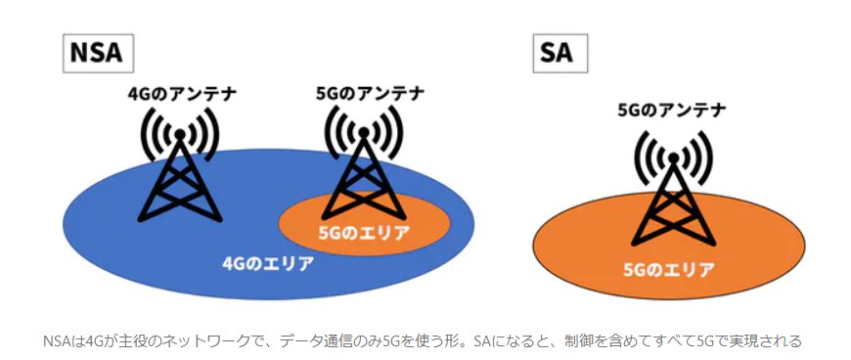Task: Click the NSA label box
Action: pyautogui.click(x=98, y=53)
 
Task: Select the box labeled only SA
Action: pyautogui.click(x=560, y=53)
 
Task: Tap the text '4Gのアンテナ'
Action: pyautogui.click(x=182, y=93)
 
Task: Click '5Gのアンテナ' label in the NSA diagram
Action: pyautogui.click(x=370, y=93)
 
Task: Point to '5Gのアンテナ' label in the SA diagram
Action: pyautogui.click(x=672, y=111)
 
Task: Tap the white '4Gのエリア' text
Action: pyautogui.click(x=269, y=264)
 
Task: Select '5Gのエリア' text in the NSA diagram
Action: pyautogui.click(x=363, y=233)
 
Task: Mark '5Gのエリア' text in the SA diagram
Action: pyautogui.click(x=669, y=269)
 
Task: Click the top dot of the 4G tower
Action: pyautogui.click(x=180, y=133)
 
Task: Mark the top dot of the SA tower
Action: pyautogui.click(x=673, y=158)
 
